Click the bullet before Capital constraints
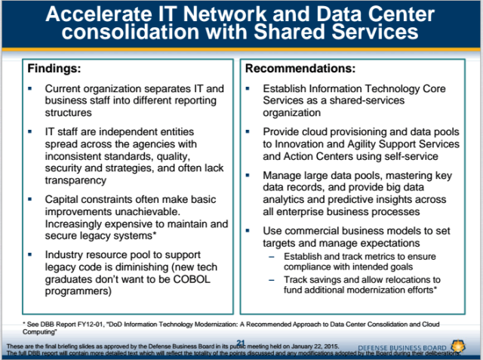click(x=29, y=199)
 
